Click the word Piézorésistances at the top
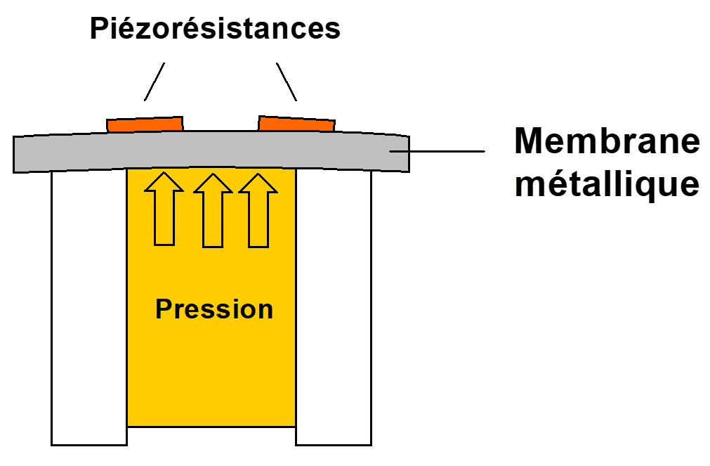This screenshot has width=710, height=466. coord(215,30)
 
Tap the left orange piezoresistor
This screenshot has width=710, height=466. coord(145,124)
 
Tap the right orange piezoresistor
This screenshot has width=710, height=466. coord(296,124)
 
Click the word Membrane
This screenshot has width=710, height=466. coord(607,141)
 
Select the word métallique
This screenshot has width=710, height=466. coord(607,183)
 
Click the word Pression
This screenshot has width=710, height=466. coord(214,309)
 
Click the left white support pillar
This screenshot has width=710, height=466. coord(88,309)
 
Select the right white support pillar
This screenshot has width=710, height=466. coord(333,309)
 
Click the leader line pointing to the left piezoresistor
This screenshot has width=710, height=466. coord(155,82)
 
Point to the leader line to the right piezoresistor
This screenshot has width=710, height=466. coord(287,82)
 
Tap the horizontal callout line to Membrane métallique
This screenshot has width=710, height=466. coord(442,151)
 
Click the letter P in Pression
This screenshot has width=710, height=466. coord(163,309)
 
